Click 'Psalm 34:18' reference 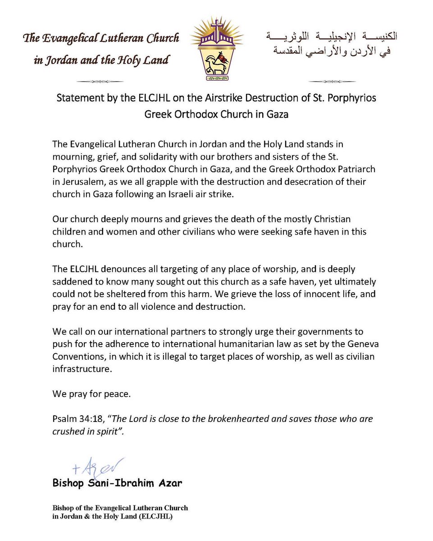(x=77, y=419)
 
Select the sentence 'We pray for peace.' (x=91, y=394)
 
